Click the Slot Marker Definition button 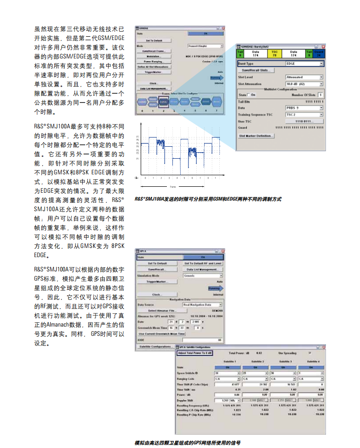click(256, 136)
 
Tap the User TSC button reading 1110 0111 click(304, 121)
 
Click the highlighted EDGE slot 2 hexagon click(162, 101)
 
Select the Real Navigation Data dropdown click(202, 304)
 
